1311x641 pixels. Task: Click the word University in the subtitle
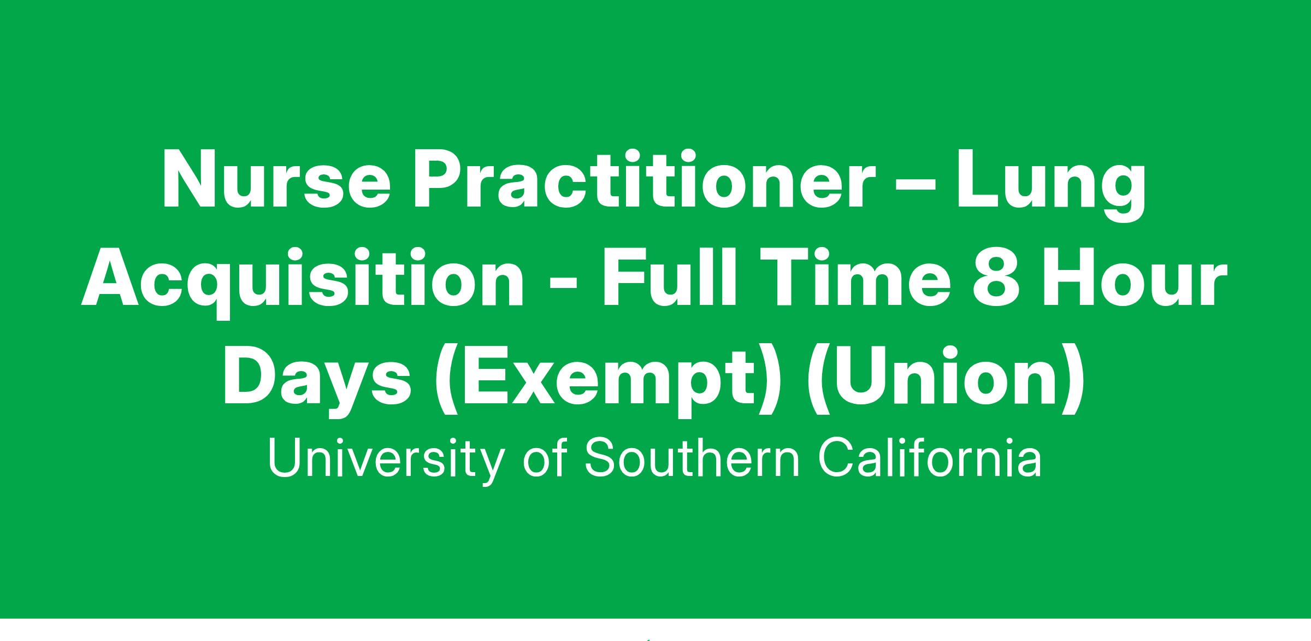coord(385,458)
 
